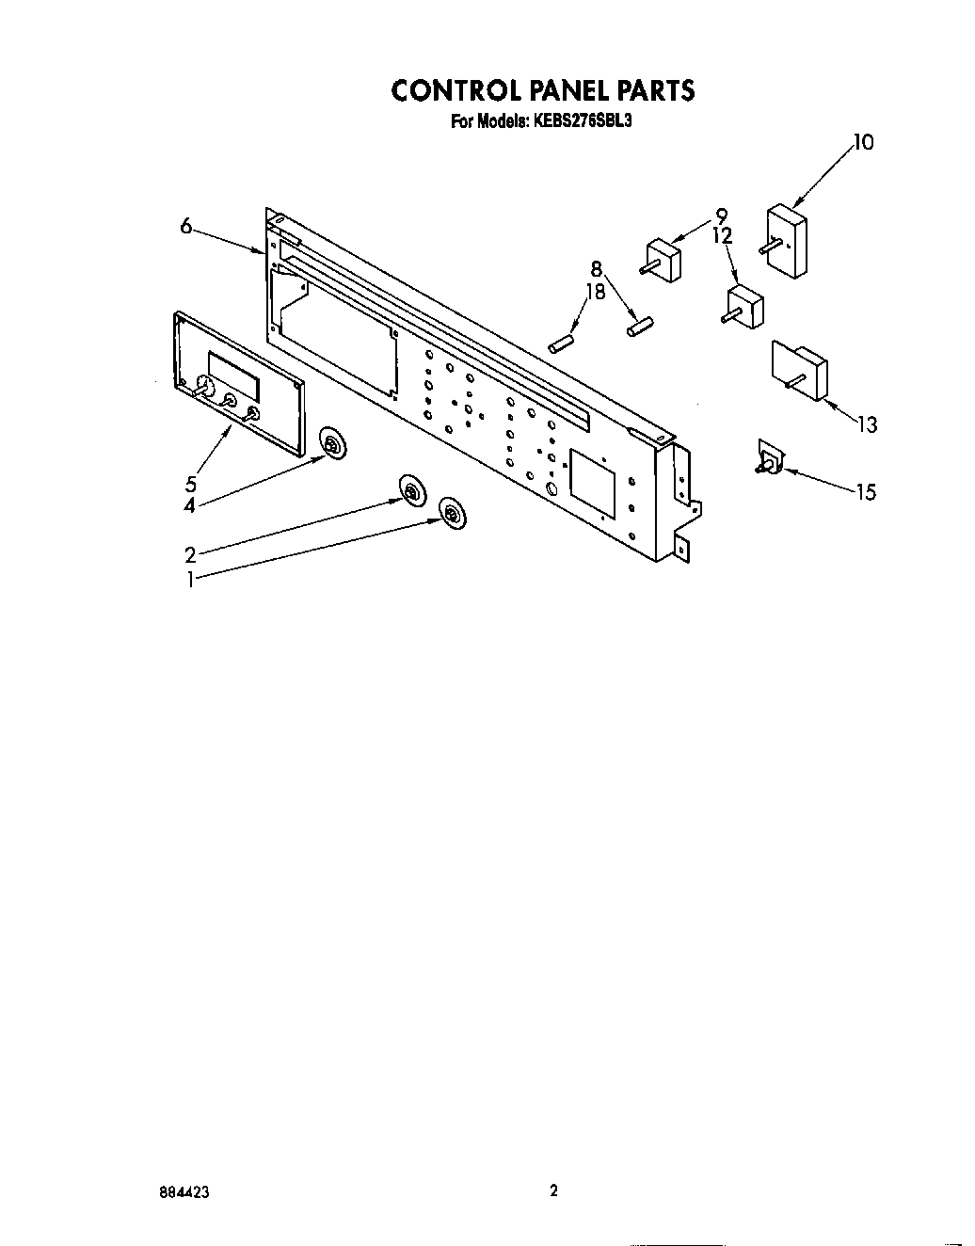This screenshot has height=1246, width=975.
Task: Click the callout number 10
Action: [863, 142]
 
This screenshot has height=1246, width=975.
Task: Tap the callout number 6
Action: [186, 226]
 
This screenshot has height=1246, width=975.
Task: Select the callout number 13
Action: [866, 425]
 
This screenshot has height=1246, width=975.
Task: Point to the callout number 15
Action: [866, 491]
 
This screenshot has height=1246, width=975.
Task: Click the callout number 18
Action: [595, 292]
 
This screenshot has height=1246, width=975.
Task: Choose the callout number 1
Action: [190, 580]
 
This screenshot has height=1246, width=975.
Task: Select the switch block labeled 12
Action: [745, 306]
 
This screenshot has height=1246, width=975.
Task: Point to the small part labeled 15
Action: [769, 458]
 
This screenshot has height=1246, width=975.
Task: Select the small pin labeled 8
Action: [638, 326]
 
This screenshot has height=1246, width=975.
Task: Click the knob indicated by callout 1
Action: [453, 514]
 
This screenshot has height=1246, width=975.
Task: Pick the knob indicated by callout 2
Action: [411, 491]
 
